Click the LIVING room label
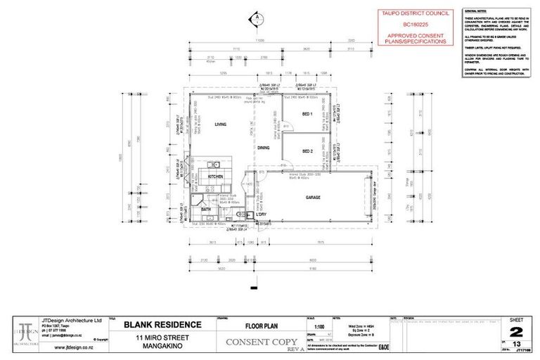[220, 124]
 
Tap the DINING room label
[263, 148]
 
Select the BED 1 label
[307, 114]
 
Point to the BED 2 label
[307, 151]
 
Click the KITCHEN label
[215, 176]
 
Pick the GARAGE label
[313, 198]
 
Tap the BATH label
[206, 209]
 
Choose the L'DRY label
[251, 217]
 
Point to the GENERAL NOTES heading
[475, 11]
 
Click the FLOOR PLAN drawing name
[262, 325]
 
